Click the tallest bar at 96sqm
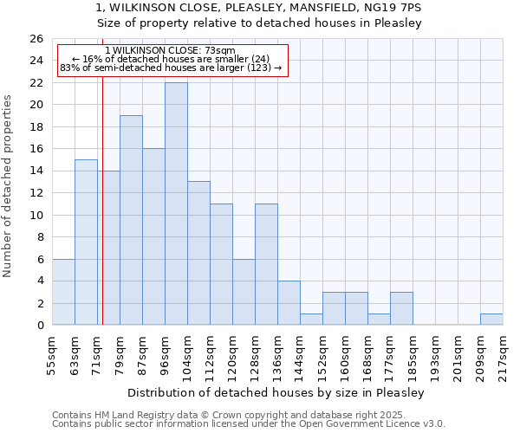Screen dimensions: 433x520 (x=176, y=204)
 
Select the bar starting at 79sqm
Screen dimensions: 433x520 (x=131, y=220)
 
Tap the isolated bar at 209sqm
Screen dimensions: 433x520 (x=491, y=320)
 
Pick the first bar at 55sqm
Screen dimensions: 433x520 (x=63, y=292)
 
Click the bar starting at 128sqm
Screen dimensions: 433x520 (x=266, y=264)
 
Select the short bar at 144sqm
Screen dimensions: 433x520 (x=311, y=320)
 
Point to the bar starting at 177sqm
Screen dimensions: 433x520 (x=401, y=308)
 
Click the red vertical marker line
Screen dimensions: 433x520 (x=102, y=216)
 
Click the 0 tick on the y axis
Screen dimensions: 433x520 (x=40, y=326)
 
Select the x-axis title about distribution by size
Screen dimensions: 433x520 (x=281, y=393)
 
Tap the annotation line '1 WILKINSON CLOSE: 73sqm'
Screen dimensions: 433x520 (x=170, y=51)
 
